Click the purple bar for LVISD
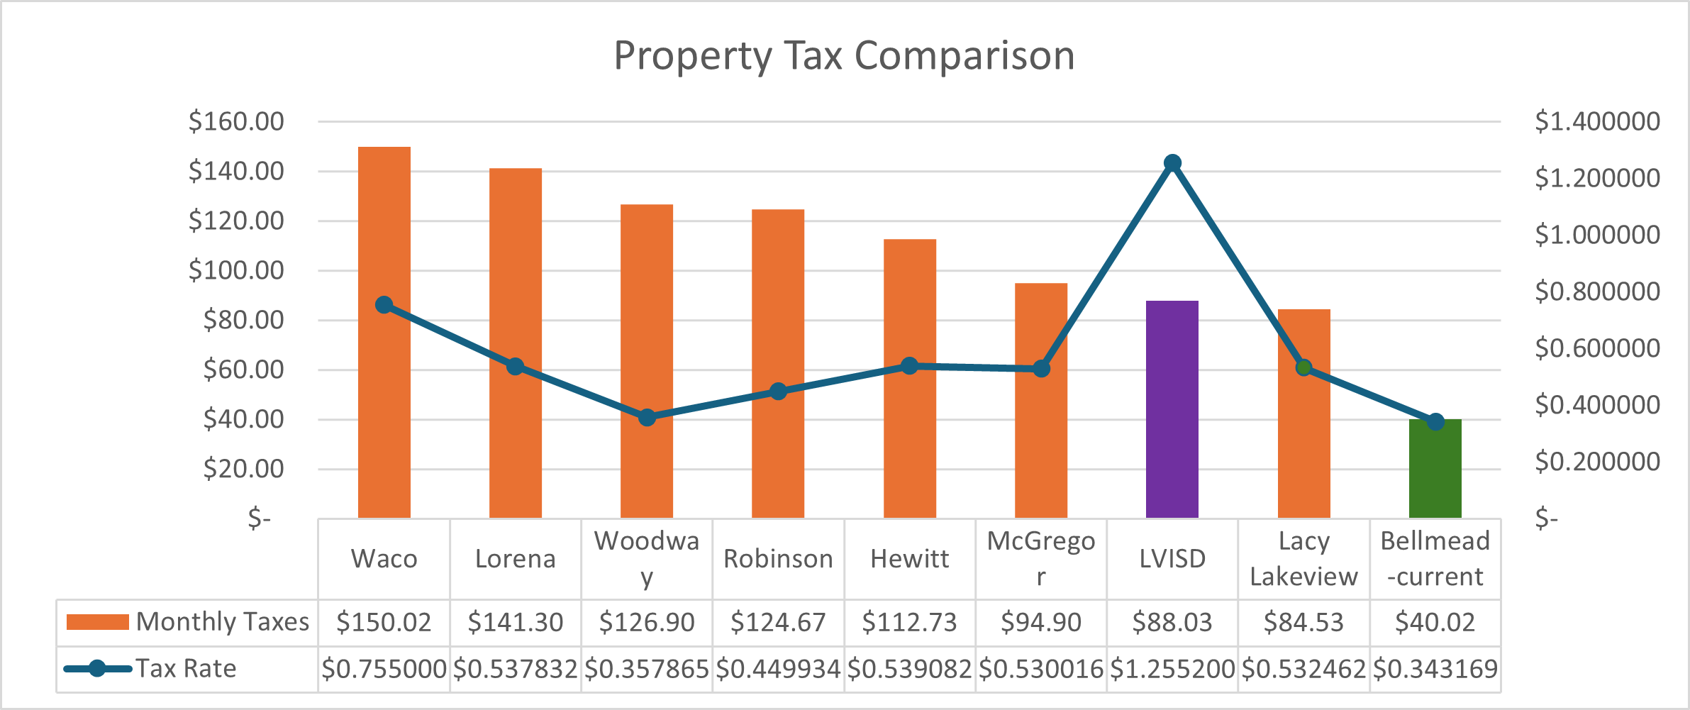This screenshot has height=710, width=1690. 1172,426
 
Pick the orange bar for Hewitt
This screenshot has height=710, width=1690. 909,440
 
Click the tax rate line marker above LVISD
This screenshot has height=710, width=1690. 1172,163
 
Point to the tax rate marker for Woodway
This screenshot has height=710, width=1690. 647,418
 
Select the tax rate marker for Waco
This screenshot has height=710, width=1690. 384,305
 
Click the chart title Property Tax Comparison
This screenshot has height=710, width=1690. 844,55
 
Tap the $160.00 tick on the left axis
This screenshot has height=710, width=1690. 236,121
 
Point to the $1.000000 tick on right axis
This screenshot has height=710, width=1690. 1596,235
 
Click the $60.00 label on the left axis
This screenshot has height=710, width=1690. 243,370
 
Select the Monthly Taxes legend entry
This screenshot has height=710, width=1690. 188,622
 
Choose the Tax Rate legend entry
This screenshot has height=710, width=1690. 150,669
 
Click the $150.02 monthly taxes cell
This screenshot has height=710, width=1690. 384,622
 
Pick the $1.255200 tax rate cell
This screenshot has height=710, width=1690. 1172,669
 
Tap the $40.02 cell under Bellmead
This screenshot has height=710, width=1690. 1435,622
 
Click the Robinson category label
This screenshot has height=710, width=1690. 778,559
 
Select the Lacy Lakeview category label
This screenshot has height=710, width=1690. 1303,559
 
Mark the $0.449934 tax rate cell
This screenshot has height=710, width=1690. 778,669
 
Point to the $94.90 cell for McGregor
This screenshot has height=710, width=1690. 1040,622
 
